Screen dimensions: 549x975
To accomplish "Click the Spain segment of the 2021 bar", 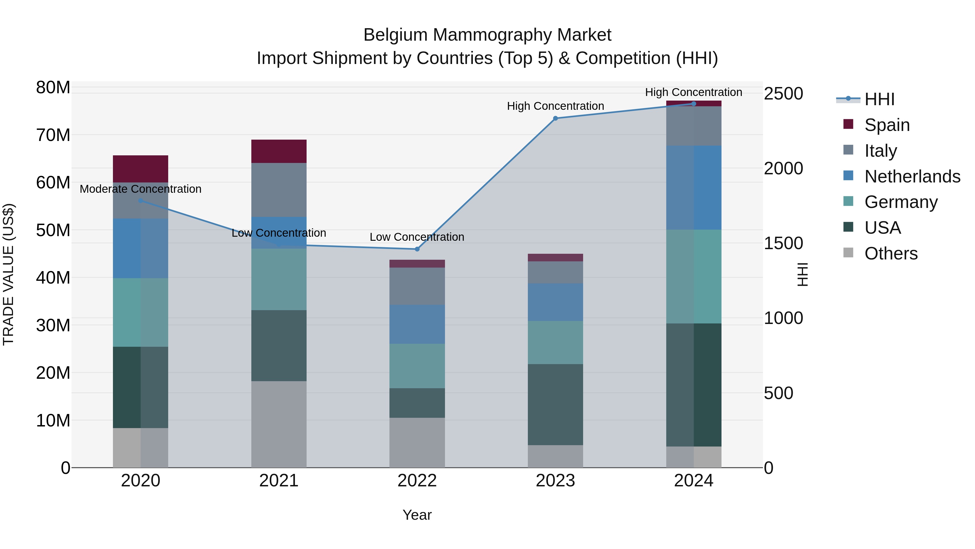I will [279, 151].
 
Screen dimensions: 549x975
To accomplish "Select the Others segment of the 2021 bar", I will [279, 424].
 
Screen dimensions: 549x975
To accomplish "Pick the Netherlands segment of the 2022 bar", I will [417, 324].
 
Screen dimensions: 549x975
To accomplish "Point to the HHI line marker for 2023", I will [555, 118].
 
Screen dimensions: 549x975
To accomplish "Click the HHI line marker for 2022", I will [417, 249].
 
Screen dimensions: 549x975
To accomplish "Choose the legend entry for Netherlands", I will [912, 176].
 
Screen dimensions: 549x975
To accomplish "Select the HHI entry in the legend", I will [879, 99].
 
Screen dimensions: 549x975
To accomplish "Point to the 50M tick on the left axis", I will [53, 230].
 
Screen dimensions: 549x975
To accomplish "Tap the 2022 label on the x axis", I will [417, 481].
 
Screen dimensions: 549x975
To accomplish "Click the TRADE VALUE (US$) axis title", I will [8, 274].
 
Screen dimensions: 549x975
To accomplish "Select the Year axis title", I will [417, 515].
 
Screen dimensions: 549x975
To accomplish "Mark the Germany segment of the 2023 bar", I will [555, 342].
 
